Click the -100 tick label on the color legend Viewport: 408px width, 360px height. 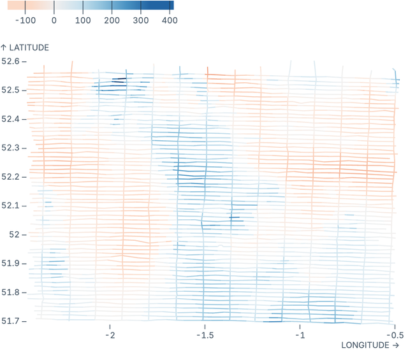point(25,20)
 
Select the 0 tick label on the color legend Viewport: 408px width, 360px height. point(54,20)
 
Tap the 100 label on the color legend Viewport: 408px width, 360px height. point(83,20)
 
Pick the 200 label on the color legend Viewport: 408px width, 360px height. point(112,20)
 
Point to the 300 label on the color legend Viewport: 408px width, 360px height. point(140,20)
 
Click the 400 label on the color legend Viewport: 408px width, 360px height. point(169,20)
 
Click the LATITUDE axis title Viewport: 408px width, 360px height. point(25,48)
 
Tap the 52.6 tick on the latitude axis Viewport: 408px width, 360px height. point(11,61)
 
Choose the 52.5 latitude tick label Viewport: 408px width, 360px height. point(11,90)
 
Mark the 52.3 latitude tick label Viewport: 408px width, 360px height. point(11,148)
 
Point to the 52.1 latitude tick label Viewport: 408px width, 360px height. point(11,205)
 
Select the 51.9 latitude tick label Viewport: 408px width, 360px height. point(11,263)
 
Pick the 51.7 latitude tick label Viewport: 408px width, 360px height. point(11,320)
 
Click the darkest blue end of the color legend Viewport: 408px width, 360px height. point(171,5)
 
